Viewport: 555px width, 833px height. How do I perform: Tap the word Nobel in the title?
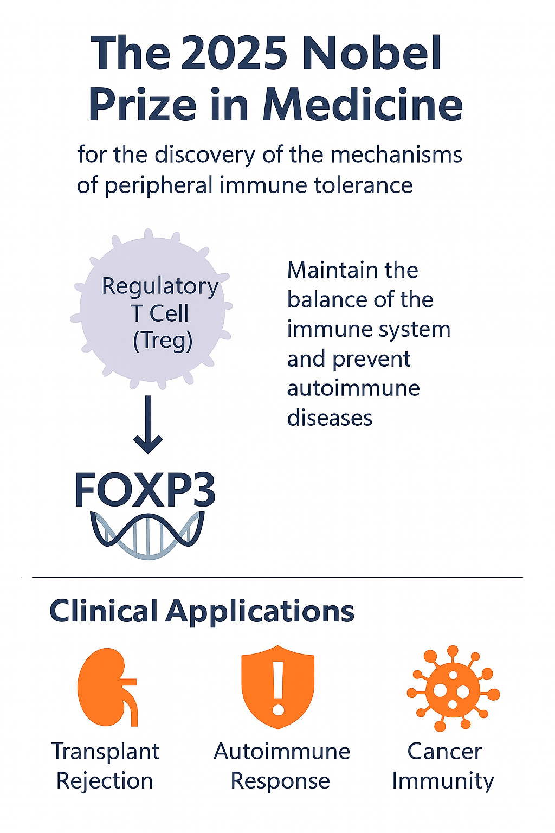pos(371,53)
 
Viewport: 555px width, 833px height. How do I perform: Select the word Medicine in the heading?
pos(363,105)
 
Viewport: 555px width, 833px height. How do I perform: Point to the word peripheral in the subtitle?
pos(158,185)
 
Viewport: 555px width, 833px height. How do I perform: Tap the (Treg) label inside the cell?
pos(163,341)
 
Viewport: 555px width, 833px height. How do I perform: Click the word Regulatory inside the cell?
pos(160,286)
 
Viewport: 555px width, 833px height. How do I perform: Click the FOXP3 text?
pos(145,490)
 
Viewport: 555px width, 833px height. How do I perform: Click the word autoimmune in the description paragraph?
pos(353,388)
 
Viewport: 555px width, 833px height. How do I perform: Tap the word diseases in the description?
pos(330,418)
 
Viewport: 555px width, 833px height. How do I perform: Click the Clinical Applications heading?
pos(202,611)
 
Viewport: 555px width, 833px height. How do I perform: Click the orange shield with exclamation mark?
pos(278,685)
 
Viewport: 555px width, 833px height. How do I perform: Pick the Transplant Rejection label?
pos(105,766)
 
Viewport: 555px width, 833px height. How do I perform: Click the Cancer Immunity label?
pos(443,766)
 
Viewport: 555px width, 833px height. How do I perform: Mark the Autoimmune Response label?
pos(281,766)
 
